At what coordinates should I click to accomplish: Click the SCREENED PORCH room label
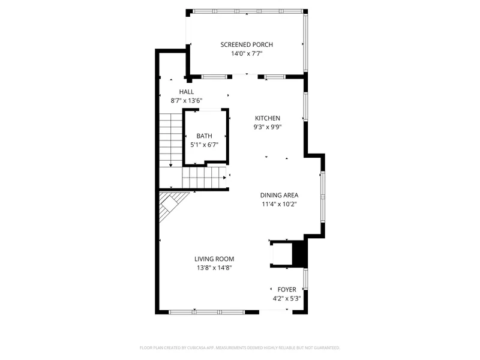(x=247, y=44)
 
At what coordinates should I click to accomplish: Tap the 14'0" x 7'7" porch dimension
(x=247, y=53)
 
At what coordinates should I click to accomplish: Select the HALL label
(x=186, y=91)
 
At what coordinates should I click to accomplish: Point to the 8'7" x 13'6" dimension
(x=186, y=101)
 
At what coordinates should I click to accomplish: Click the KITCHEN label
(x=268, y=118)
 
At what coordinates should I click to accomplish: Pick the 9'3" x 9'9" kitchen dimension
(x=268, y=127)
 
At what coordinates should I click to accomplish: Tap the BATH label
(x=204, y=136)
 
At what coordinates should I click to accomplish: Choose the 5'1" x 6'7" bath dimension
(x=204, y=145)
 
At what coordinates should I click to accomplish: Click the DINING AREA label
(x=279, y=195)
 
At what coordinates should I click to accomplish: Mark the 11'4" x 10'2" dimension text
(x=279, y=204)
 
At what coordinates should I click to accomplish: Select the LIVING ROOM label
(x=214, y=259)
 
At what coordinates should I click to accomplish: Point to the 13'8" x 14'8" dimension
(x=214, y=268)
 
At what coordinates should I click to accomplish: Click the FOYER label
(x=287, y=289)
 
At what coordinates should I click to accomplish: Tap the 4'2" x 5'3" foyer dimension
(x=287, y=298)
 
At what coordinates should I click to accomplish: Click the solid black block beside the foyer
(x=299, y=254)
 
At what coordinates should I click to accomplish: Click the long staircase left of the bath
(x=170, y=140)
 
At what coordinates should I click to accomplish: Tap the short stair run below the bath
(x=203, y=178)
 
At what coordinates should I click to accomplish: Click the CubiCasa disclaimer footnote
(x=240, y=347)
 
